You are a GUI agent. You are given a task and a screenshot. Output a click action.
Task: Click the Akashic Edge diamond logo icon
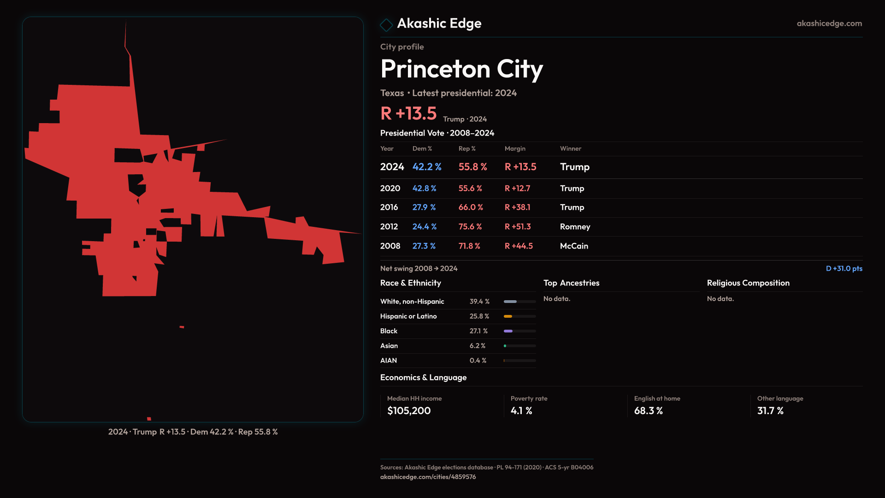[386, 25]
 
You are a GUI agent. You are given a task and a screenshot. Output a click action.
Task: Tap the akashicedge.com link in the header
[829, 24]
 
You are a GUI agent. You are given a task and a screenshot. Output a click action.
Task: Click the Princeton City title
[461, 69]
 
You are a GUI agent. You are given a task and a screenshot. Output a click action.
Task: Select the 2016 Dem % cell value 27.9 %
[424, 207]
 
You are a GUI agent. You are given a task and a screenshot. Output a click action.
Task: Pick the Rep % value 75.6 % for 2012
[470, 227]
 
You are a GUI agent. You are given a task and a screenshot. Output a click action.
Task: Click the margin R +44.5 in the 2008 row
[518, 246]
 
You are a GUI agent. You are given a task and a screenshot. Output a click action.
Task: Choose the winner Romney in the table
[575, 227]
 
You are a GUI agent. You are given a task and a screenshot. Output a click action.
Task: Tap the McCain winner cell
[573, 246]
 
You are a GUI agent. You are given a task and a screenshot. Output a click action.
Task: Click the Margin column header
[515, 148]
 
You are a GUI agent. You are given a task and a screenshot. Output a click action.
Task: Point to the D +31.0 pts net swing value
[844, 268]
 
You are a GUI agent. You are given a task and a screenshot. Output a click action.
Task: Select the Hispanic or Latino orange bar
[508, 316]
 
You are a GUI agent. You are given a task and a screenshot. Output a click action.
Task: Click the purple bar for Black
[508, 331]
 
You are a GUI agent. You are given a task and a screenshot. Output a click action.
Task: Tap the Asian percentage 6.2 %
[477, 346]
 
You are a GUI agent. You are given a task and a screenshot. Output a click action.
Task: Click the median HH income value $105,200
[409, 411]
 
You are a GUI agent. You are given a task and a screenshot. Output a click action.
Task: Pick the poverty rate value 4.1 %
[521, 411]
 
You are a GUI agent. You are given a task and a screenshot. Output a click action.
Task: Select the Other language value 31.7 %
[770, 411]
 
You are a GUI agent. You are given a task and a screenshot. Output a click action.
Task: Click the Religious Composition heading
[748, 283]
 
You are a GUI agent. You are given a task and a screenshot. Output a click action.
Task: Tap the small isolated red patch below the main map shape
[182, 327]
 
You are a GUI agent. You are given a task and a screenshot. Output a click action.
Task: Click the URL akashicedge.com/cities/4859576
[428, 477]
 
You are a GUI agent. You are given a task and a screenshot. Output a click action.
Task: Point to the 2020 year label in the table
[390, 189]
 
